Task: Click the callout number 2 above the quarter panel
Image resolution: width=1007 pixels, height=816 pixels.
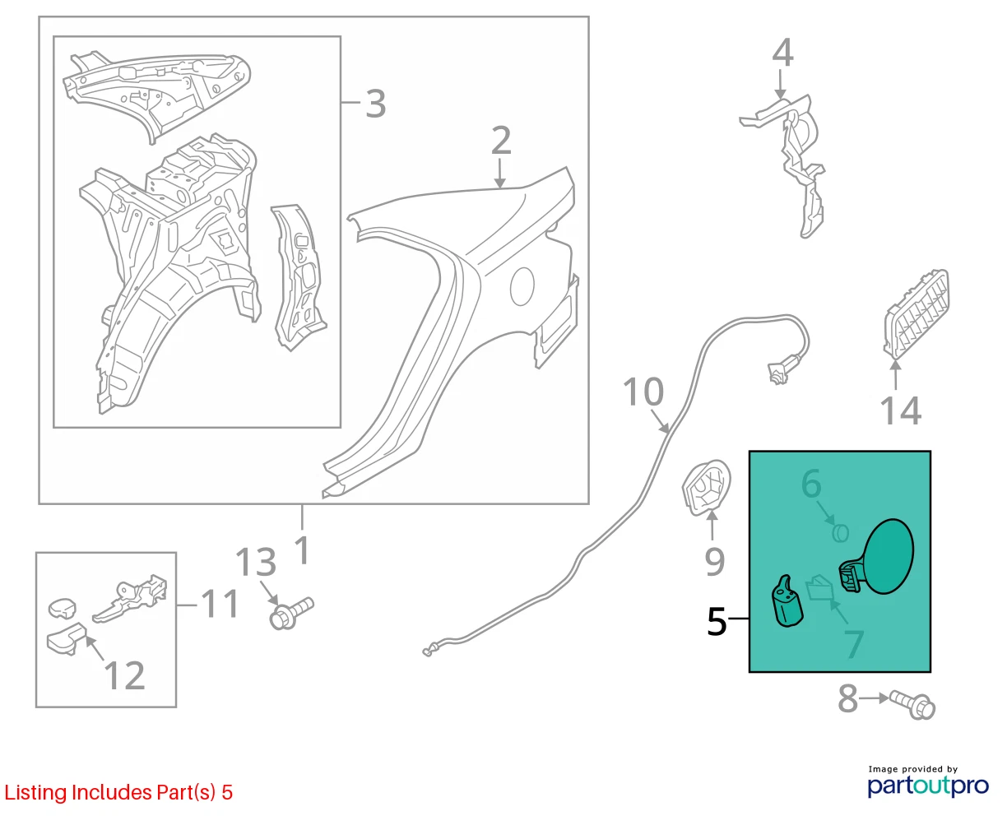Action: click(x=501, y=140)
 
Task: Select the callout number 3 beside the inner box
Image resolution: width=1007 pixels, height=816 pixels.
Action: click(x=376, y=104)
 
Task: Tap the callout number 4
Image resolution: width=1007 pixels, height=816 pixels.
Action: click(x=782, y=53)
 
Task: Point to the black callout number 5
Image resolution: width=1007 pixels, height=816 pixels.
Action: click(x=717, y=621)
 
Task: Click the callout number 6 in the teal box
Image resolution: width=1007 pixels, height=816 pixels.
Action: click(x=811, y=484)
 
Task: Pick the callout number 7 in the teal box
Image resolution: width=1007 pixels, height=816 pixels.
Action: click(x=854, y=644)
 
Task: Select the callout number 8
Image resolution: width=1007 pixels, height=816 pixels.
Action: click(x=847, y=698)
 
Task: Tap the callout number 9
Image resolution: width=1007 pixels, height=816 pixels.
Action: click(x=714, y=561)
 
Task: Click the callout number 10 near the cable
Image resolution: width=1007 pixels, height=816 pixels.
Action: click(x=643, y=392)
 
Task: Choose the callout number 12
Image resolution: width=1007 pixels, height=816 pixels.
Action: click(x=124, y=675)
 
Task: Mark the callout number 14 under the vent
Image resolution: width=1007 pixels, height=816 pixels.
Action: click(x=901, y=410)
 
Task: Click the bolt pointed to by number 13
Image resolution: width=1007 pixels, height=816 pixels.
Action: click(x=291, y=613)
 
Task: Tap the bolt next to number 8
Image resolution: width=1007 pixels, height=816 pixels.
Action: click(x=912, y=705)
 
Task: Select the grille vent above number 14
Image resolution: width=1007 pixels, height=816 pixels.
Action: click(x=916, y=314)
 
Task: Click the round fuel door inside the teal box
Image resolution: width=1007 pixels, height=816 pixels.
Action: click(x=887, y=556)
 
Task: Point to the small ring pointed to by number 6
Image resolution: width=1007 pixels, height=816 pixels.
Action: click(x=840, y=533)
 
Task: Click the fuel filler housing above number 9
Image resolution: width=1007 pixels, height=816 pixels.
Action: click(x=706, y=487)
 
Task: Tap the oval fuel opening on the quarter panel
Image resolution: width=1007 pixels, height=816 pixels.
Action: click(x=522, y=286)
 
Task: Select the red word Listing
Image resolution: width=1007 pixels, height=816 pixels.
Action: click(x=35, y=792)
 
